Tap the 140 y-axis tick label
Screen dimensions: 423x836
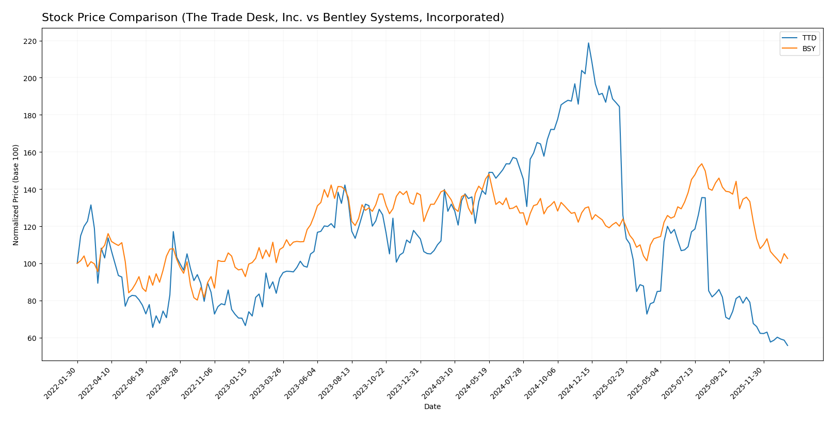click(x=30, y=190)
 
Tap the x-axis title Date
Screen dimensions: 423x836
click(x=432, y=407)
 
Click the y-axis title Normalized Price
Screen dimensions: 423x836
click(x=16, y=195)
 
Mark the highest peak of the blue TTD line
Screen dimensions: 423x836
click(x=588, y=43)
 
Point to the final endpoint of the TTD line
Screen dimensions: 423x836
click(x=787, y=346)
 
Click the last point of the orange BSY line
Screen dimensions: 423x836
click(x=787, y=259)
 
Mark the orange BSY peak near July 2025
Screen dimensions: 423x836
click(x=702, y=164)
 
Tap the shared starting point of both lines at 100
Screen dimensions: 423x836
click(x=77, y=263)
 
